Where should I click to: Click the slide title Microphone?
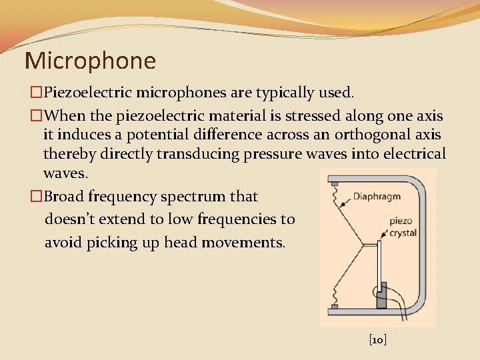click(x=90, y=61)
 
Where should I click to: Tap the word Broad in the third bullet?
click(x=61, y=197)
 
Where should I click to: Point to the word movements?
click(x=243, y=242)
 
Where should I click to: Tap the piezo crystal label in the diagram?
click(x=402, y=227)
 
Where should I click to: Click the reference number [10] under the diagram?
click(x=378, y=340)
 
